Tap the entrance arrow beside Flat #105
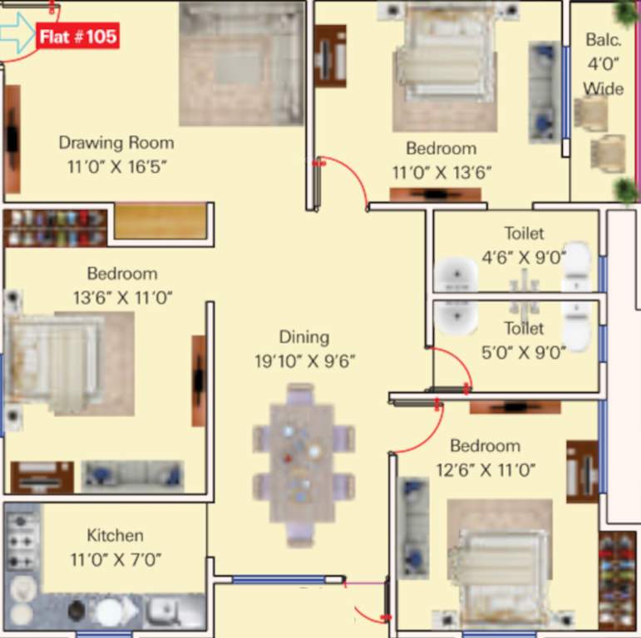click(x=17, y=34)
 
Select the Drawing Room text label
click(x=116, y=143)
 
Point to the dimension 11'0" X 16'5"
click(x=117, y=166)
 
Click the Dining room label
click(x=303, y=337)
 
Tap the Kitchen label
click(x=115, y=535)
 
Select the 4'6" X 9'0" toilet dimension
click(x=524, y=257)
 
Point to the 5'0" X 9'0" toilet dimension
click(x=524, y=351)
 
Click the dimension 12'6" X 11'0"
click(x=486, y=470)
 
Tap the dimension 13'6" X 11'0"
click(x=121, y=297)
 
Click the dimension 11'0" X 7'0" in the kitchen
click(x=116, y=559)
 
